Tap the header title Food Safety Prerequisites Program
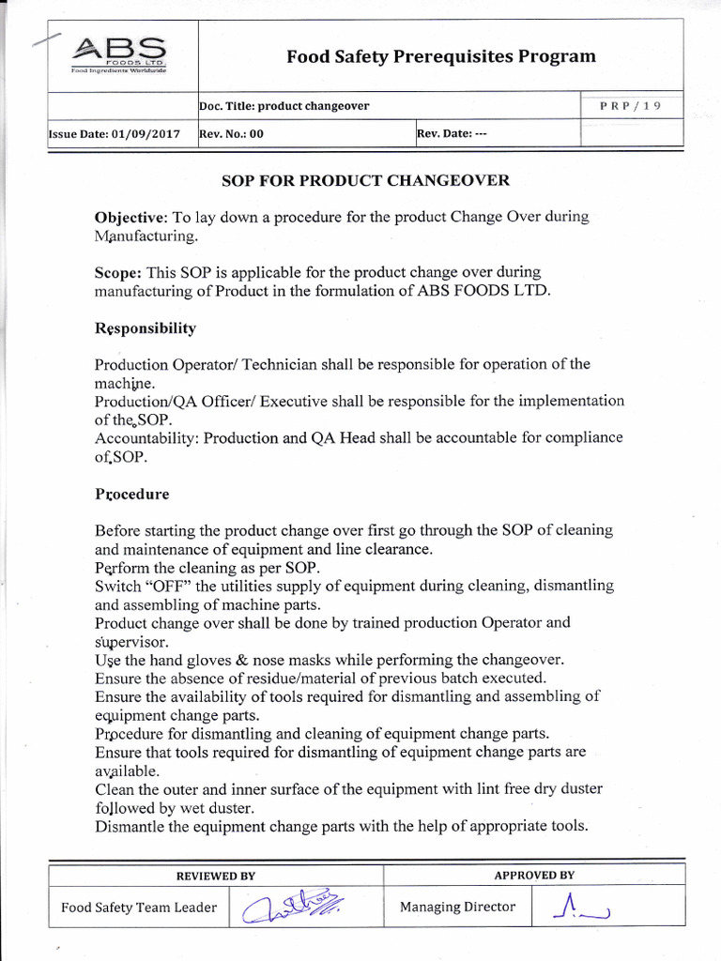(440, 56)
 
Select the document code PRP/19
(630, 106)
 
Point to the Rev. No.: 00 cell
(231, 134)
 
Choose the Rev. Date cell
(452, 134)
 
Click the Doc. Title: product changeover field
(284, 106)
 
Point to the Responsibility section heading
(146, 328)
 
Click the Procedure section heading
(132, 493)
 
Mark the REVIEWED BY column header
(216, 876)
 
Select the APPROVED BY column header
(534, 876)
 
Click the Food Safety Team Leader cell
(139, 908)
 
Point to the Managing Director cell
(457, 907)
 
